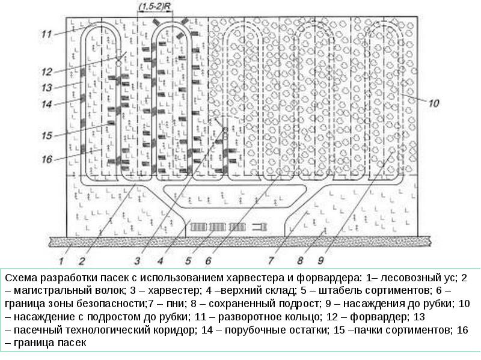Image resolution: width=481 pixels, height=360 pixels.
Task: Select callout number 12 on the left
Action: coord(47,70)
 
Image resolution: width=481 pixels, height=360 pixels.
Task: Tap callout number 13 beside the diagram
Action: coord(47,88)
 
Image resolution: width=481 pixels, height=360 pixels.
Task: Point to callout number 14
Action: coord(47,104)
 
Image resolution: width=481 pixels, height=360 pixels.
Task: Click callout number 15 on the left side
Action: coord(47,135)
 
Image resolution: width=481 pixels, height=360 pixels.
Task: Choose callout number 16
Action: coord(47,159)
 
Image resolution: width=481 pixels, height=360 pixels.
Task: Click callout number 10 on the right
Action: coord(434,103)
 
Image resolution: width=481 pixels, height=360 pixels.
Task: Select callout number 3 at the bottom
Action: coord(137,260)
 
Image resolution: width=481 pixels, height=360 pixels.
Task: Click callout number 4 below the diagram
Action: coord(161,260)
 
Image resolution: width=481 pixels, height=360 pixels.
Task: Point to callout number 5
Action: coord(188,260)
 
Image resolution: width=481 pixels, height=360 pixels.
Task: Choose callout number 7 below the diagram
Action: coord(271,260)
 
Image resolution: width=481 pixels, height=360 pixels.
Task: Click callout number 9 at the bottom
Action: coord(321,260)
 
